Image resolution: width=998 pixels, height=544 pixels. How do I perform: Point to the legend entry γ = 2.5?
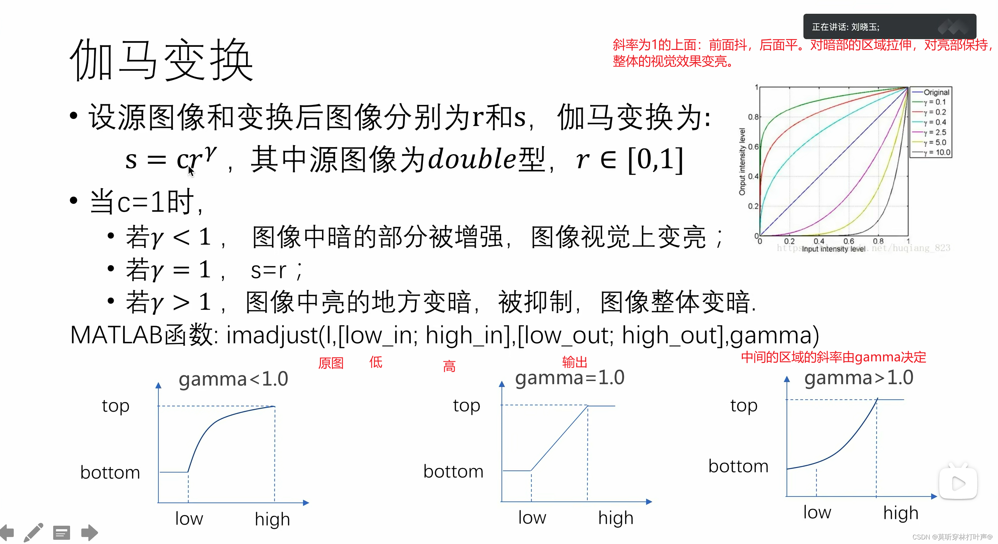(x=934, y=133)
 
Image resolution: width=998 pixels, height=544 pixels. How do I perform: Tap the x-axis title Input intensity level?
(x=833, y=249)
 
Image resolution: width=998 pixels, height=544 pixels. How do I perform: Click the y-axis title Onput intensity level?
(x=742, y=161)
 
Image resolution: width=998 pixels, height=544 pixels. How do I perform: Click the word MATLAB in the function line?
(x=116, y=335)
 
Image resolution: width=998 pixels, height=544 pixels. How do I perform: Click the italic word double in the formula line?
(x=472, y=159)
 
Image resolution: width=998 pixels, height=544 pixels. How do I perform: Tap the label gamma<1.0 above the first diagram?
(x=233, y=379)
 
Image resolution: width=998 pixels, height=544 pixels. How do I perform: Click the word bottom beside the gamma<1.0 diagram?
(x=110, y=472)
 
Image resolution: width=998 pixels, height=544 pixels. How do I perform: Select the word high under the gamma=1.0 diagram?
(x=615, y=518)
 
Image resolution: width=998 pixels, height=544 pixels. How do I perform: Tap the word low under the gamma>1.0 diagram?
(x=817, y=512)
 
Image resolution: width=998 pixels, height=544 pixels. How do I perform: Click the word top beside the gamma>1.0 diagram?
(x=744, y=406)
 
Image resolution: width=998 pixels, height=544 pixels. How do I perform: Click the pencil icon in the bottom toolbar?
(x=33, y=533)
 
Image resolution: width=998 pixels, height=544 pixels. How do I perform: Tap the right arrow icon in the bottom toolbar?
(x=89, y=533)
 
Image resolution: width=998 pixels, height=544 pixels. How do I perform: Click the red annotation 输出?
(x=575, y=362)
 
